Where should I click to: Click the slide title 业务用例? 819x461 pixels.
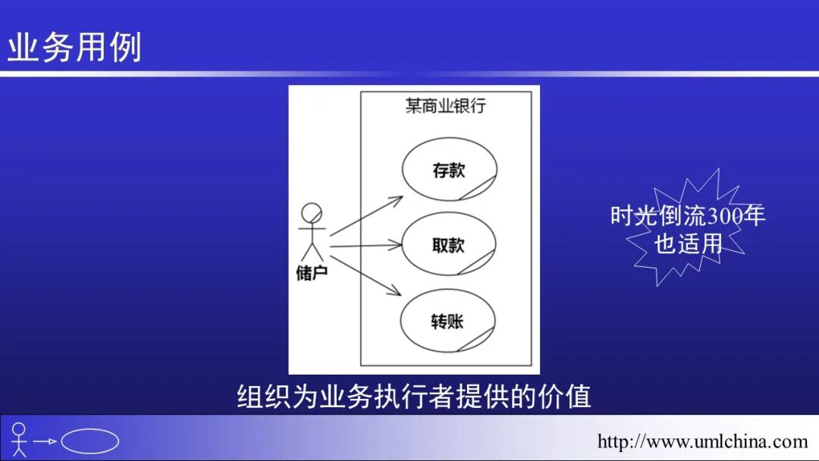[74, 48]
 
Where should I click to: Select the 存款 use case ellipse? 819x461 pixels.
[448, 170]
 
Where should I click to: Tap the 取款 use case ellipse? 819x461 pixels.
[448, 245]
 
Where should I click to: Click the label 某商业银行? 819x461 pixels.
[445, 106]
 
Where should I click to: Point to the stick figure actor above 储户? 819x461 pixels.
[312, 231]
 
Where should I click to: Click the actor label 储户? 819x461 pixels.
[312, 272]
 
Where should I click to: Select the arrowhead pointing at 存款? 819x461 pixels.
[397, 199]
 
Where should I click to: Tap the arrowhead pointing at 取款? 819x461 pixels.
[395, 245]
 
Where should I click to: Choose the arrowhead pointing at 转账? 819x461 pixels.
[396, 291]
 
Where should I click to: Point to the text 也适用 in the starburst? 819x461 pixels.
[688, 243]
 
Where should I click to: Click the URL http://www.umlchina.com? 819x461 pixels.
[702, 441]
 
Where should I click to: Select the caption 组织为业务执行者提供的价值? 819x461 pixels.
[413, 397]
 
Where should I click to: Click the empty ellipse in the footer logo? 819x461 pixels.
[89, 441]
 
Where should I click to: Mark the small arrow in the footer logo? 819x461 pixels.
[45, 441]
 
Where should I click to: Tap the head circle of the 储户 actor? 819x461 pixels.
[312, 212]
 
